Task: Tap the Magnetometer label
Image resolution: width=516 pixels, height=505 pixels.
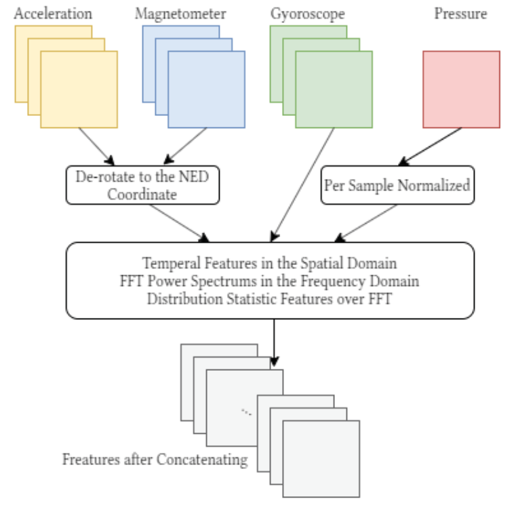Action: coord(180,14)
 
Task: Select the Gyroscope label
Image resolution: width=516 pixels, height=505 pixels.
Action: coord(307,14)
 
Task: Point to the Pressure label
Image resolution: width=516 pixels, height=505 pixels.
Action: coord(460,14)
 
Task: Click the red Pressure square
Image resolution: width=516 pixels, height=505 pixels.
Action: coord(461,89)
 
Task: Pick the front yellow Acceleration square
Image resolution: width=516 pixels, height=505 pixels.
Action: coord(79,89)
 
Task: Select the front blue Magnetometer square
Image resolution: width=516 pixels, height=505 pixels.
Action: coord(207,89)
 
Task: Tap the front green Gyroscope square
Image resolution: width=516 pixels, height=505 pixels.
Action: coord(334,89)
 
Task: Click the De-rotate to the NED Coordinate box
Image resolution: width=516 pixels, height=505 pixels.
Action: coord(142,184)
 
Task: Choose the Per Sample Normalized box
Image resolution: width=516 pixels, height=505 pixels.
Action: coord(397,185)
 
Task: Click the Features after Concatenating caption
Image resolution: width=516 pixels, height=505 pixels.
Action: coord(155,459)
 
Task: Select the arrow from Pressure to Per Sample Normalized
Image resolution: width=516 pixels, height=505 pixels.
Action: coord(431,145)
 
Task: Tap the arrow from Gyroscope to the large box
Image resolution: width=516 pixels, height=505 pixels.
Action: coord(303,183)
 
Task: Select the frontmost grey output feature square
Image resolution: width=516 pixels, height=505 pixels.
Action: coord(321,450)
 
